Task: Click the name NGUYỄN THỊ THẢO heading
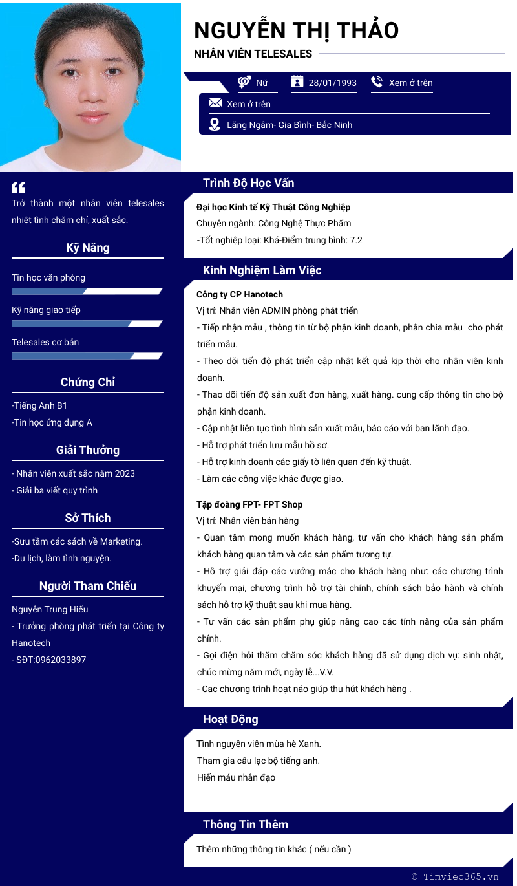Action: [x=296, y=30]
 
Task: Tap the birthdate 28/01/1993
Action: [x=332, y=83]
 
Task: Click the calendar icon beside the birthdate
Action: [x=297, y=81]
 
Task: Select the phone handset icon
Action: [x=377, y=82]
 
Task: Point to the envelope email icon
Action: [x=215, y=103]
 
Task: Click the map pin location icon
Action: [x=215, y=124]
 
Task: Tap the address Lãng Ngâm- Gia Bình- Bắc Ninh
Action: [x=290, y=125]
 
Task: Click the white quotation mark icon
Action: [x=18, y=188]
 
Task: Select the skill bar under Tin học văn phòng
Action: [x=87, y=291]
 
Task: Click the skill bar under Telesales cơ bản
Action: [x=87, y=356]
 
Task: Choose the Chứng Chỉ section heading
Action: [x=88, y=382]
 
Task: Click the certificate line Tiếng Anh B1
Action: [x=41, y=405]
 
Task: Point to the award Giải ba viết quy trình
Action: [x=56, y=490]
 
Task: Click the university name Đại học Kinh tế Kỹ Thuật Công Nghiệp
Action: [x=273, y=207]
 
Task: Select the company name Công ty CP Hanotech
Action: [x=240, y=294]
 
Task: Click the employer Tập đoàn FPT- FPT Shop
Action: [x=249, y=504]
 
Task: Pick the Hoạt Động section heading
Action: [x=231, y=719]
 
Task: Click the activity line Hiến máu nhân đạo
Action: [x=236, y=777]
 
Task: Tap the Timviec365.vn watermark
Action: [x=456, y=876]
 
